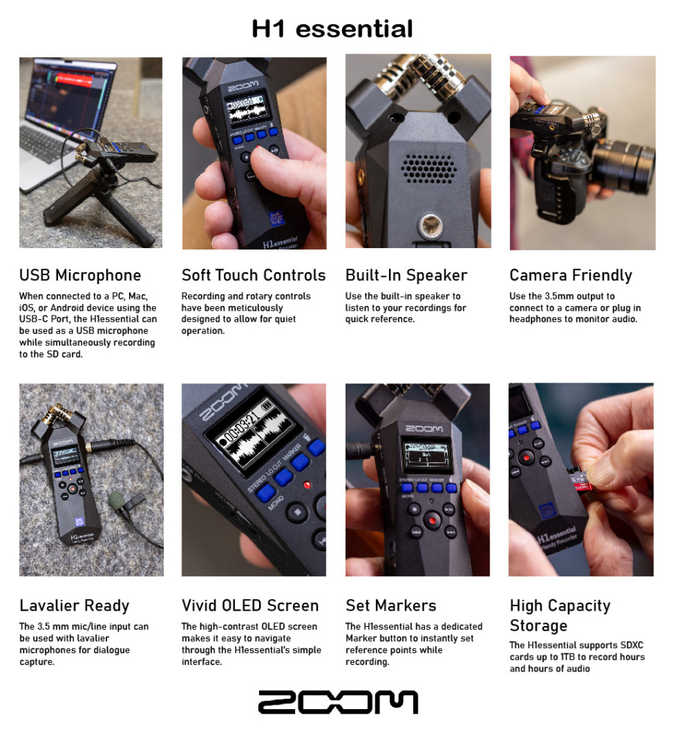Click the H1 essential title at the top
point(332,29)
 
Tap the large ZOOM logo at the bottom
point(338,702)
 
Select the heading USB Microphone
point(80,275)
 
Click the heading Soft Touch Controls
point(254,275)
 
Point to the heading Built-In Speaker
point(407,275)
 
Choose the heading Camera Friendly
point(570,276)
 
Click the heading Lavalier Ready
point(74,606)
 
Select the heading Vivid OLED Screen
point(250,606)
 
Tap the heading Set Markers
point(390,606)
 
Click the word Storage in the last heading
point(538,626)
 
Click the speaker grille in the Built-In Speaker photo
point(428,169)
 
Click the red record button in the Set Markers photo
point(432,520)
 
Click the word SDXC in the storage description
point(632,645)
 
